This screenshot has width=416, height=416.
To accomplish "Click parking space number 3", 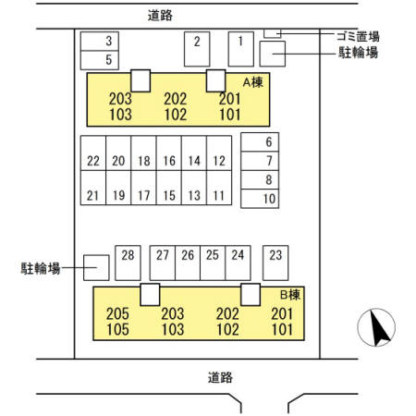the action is pos(100,41).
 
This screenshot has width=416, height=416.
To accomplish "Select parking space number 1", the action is pos(241,49).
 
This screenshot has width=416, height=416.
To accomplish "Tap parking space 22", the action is pos(93,153).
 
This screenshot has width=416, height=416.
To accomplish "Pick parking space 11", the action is pos(219,188).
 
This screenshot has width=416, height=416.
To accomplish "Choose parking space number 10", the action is pos(260,199).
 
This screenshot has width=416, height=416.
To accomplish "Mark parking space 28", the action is pos(128,263).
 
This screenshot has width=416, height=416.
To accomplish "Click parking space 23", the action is pos(275,263).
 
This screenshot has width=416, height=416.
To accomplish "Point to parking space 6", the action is pos(260,142).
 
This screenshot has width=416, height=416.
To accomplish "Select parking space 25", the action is pos(213,263).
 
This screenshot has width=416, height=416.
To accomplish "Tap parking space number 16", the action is pos(169,153).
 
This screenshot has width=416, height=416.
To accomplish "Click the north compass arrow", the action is pos(379,328).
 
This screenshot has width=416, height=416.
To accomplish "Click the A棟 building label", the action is pos(253,82).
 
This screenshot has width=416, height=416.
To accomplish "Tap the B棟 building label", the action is pos(290,295).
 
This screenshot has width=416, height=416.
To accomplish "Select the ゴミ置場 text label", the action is pos(358,36).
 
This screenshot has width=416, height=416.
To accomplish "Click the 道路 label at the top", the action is pos(160,16).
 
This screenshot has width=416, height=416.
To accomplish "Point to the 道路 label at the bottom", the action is pos(220,377).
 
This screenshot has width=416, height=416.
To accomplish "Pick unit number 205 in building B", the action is pos(117,314).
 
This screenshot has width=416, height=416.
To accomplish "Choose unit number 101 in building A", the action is pos(230,115).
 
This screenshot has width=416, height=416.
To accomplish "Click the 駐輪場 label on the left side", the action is pos(41,268).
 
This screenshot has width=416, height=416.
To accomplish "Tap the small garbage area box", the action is pos(273,33).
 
